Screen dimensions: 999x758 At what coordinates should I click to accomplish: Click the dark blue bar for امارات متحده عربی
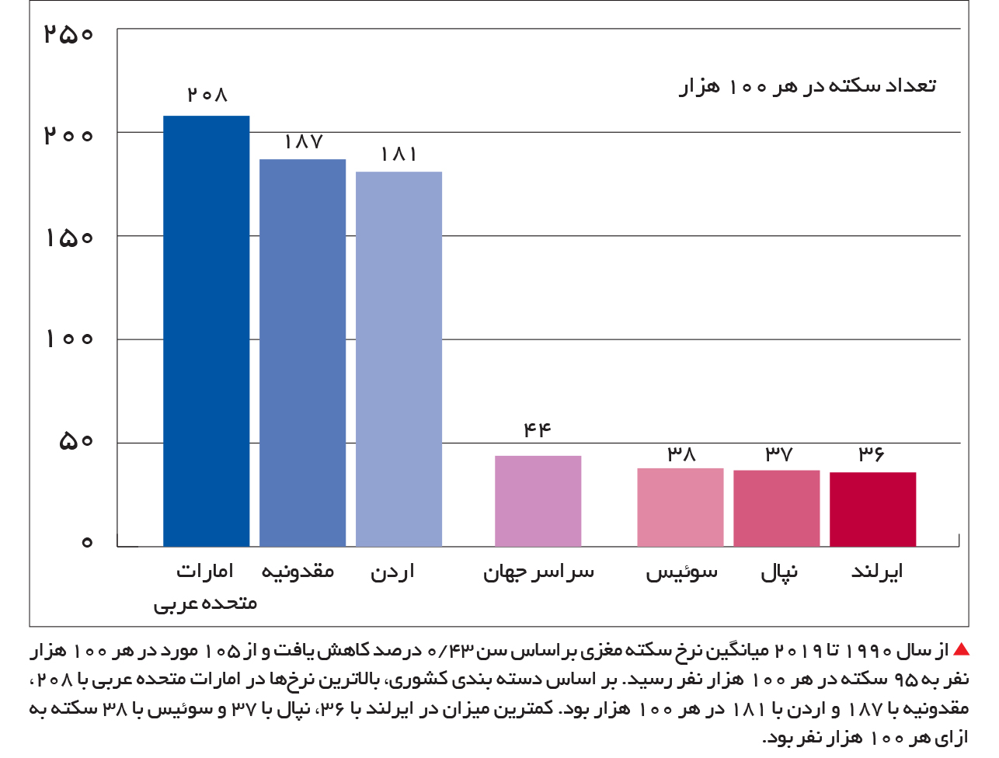tap(206, 331)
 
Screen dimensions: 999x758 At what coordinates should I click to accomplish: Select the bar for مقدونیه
tap(303, 353)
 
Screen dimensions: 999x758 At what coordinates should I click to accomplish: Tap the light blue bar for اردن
tap(399, 359)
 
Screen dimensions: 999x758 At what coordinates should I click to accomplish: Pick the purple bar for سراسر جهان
tap(538, 501)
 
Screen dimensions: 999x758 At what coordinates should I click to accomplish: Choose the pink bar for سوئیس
tap(681, 507)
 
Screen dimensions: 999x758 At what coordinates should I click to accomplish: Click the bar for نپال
tap(777, 508)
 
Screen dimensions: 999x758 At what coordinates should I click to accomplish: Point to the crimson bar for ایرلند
tap(873, 509)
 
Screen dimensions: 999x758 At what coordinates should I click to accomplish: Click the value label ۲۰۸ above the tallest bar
tap(207, 95)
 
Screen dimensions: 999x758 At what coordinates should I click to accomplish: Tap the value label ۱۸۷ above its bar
tap(304, 142)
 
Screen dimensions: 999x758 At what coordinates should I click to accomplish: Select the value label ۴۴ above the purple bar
tap(538, 429)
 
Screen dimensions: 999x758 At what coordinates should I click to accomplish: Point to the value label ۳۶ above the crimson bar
tap(872, 454)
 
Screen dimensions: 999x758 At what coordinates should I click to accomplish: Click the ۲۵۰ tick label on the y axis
tap(68, 33)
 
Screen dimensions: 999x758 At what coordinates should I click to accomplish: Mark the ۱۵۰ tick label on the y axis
tap(69, 238)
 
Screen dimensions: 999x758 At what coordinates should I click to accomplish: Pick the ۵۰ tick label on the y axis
tap(75, 440)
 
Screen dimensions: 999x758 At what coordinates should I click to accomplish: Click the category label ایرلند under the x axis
tap(876, 572)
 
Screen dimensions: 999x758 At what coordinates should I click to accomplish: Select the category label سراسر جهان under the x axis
tap(538, 572)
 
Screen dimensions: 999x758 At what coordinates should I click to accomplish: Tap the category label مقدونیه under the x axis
tap(298, 571)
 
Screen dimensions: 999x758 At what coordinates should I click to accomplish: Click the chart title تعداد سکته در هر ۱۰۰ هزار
tap(807, 86)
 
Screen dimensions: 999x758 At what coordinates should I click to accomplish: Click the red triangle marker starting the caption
tap(961, 649)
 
